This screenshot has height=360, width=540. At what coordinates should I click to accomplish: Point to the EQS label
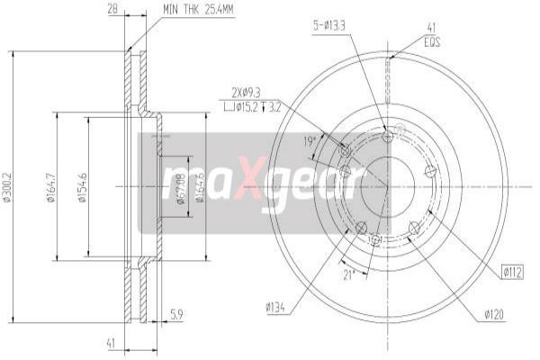click(431, 40)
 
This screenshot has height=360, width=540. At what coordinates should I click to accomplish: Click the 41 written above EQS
click(431, 28)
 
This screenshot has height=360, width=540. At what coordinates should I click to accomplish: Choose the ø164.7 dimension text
click(51, 186)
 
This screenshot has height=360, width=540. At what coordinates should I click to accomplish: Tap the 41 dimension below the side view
click(111, 342)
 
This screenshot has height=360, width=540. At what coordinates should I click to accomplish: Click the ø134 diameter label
click(276, 309)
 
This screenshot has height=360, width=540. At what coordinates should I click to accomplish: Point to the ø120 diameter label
click(494, 314)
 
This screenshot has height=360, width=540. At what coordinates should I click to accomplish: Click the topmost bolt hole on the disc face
click(388, 136)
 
